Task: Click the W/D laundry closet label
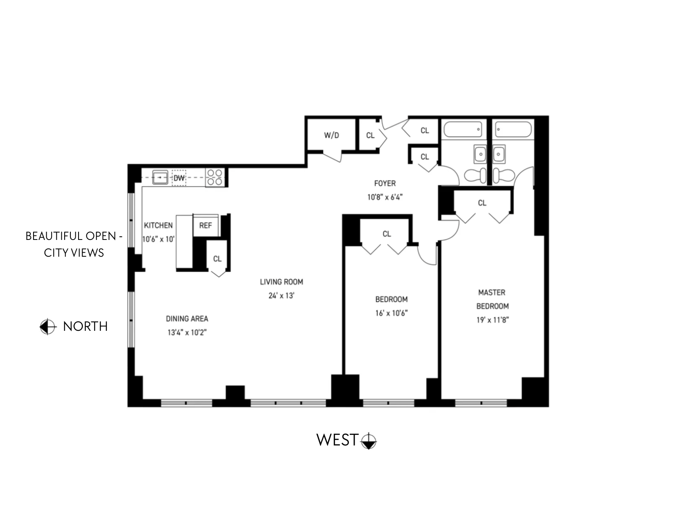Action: (x=331, y=135)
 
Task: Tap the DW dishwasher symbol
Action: (x=179, y=178)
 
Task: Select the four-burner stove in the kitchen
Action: (x=215, y=177)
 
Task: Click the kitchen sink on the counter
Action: (x=160, y=178)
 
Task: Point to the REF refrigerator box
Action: (x=205, y=226)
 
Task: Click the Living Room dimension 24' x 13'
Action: (x=281, y=296)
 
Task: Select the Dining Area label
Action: (x=187, y=319)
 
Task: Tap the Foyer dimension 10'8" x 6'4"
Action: (x=385, y=197)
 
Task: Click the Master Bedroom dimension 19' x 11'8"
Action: (x=492, y=320)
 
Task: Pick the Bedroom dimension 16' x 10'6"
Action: (x=391, y=313)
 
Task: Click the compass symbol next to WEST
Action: (x=369, y=441)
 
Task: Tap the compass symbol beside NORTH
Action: (x=47, y=327)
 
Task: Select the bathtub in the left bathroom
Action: (x=463, y=130)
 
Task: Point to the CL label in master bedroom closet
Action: (x=482, y=203)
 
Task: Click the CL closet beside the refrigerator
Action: (x=217, y=259)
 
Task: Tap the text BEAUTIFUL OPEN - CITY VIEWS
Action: (x=74, y=244)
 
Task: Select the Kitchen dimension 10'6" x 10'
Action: (x=158, y=239)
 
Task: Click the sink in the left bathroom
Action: (x=480, y=154)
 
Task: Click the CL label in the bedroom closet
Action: (x=387, y=234)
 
